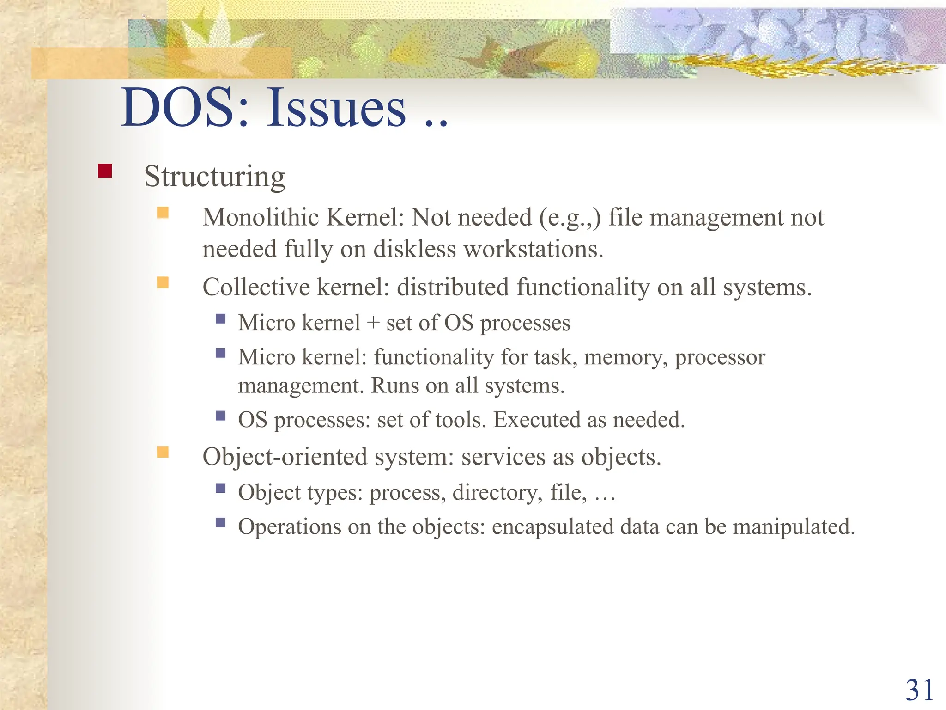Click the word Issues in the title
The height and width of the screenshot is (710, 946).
click(336, 108)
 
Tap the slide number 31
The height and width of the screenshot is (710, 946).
click(919, 690)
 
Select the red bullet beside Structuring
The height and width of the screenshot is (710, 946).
click(105, 171)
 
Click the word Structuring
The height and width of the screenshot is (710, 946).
click(214, 177)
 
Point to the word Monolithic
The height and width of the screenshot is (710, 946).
click(261, 217)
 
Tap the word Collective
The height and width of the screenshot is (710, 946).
click(256, 287)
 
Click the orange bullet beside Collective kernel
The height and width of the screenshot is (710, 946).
click(163, 282)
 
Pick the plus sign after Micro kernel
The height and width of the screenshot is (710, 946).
click(373, 323)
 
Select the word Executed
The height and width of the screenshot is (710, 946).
click(536, 420)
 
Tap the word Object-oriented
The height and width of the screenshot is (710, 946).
click(285, 457)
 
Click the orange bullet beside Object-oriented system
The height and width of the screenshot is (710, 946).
click(163, 452)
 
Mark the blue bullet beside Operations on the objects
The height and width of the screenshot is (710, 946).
click(220, 523)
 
